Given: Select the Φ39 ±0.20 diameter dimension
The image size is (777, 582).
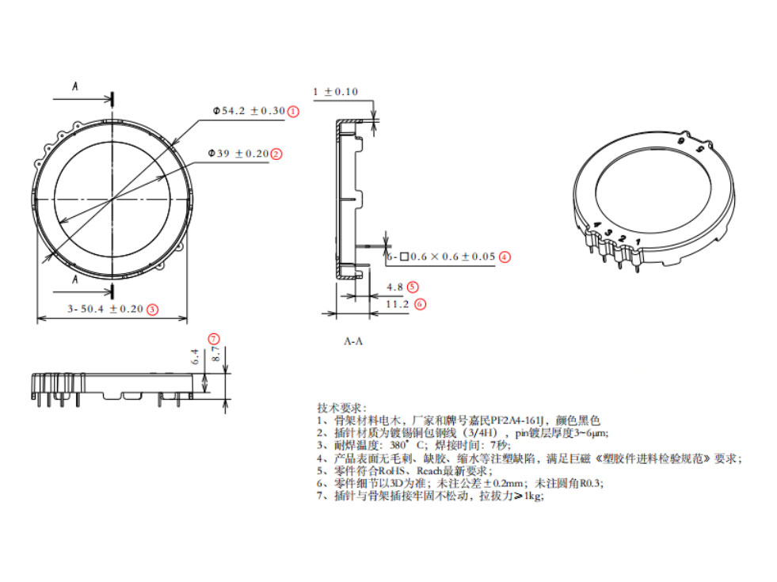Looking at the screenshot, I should point(238,153).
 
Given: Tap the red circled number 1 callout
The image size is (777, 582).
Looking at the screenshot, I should point(293,112).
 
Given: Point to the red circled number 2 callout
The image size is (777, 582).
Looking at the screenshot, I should point(276,154).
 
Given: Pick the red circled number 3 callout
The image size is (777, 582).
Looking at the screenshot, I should point(152,310).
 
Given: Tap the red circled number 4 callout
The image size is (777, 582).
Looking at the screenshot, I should point(504,257).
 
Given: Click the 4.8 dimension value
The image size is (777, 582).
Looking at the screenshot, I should point(394,287).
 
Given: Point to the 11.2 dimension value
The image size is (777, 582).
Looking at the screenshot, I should point(397,303).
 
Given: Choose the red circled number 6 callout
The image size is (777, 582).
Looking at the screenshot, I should point(420,303).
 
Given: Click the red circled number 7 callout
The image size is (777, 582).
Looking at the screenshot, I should point(214,339).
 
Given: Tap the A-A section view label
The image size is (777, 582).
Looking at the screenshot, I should point(353,341).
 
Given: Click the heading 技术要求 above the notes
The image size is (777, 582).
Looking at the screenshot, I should point(341,406).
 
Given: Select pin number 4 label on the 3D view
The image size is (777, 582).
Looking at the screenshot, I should point(596,226).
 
